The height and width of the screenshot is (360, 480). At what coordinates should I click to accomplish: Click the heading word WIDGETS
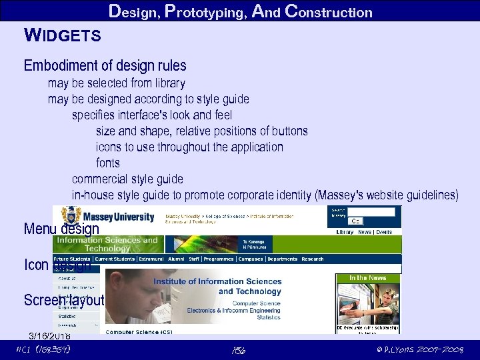(62, 35)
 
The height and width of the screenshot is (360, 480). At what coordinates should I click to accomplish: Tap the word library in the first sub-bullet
(167, 83)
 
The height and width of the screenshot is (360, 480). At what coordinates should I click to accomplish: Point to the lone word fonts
(108, 163)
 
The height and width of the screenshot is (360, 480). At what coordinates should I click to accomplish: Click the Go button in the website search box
(355, 221)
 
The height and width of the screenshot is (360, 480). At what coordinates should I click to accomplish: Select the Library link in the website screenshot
(345, 232)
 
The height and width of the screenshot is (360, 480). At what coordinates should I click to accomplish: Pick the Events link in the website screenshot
(384, 232)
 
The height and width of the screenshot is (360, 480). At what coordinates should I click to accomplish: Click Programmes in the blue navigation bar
(219, 259)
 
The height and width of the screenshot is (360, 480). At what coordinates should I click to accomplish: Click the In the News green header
(367, 277)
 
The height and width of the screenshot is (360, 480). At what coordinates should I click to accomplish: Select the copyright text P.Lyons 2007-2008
(419, 349)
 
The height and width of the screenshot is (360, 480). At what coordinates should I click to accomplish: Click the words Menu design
(61, 229)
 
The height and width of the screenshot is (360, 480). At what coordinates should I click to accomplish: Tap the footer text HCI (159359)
(43, 349)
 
